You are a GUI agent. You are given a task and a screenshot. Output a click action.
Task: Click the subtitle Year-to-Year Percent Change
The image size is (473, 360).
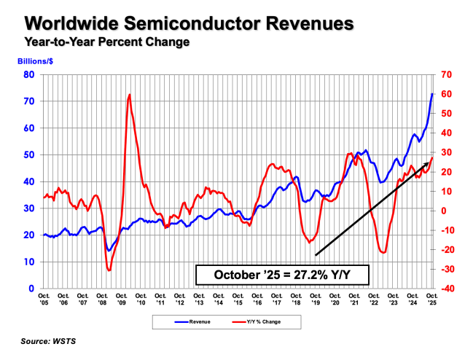[107, 42]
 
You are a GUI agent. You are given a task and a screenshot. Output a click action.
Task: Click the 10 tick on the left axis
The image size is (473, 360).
[30, 262]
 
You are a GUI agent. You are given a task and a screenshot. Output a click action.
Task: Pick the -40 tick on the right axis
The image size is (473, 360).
[446, 289]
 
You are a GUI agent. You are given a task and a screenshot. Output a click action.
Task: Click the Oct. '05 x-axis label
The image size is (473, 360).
[44, 299]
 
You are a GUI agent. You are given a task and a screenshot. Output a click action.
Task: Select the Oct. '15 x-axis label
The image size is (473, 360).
[238, 299]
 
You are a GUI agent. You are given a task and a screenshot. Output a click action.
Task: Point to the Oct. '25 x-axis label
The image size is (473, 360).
[433, 299]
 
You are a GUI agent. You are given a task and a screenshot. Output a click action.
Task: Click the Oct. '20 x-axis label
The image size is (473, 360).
[335, 299]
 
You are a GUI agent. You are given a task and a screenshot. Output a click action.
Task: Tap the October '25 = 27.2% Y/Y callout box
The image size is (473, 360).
[281, 275]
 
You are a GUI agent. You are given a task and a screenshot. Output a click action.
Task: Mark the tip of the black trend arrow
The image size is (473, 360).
[429, 163]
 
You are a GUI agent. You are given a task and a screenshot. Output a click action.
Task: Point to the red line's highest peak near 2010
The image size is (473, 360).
[129, 94]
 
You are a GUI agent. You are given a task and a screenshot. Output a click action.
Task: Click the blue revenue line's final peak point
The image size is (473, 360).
[432, 93]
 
